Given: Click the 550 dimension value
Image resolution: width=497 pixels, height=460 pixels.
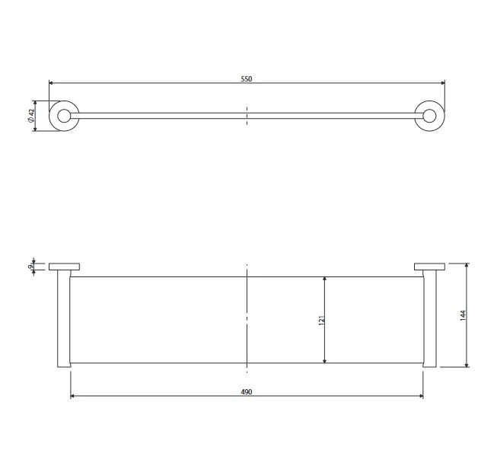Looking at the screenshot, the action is point(247,78).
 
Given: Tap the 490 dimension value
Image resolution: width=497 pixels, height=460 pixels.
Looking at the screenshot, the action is point(247,391).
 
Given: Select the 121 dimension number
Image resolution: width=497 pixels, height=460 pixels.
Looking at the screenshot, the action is point(321,320).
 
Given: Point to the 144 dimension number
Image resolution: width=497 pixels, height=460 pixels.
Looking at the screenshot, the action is point(463,315).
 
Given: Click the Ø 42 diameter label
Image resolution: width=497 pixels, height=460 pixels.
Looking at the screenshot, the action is point(30,116).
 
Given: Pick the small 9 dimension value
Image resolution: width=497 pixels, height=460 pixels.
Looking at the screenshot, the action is point(30,267).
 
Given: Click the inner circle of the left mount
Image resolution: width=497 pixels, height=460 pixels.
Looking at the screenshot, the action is point(64,116).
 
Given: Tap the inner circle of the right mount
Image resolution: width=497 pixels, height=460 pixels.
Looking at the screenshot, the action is point(429,116).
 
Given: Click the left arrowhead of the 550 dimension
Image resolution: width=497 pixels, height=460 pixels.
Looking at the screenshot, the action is point(51,83).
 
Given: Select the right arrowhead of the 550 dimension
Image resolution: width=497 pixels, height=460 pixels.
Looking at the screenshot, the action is point(443,83).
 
